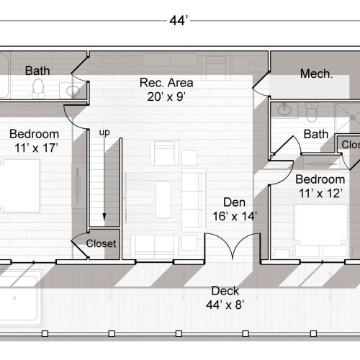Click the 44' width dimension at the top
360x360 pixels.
[179, 20]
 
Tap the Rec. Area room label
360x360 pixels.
[166, 83]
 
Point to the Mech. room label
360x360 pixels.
[315, 73]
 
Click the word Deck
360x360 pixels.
[225, 292]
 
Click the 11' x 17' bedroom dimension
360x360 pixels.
[34, 148]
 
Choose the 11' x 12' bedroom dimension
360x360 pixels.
[322, 193]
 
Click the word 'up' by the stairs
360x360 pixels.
[104, 133]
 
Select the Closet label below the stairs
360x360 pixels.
[101, 243]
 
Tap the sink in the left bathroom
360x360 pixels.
[73, 91]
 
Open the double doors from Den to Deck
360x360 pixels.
[235, 248]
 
